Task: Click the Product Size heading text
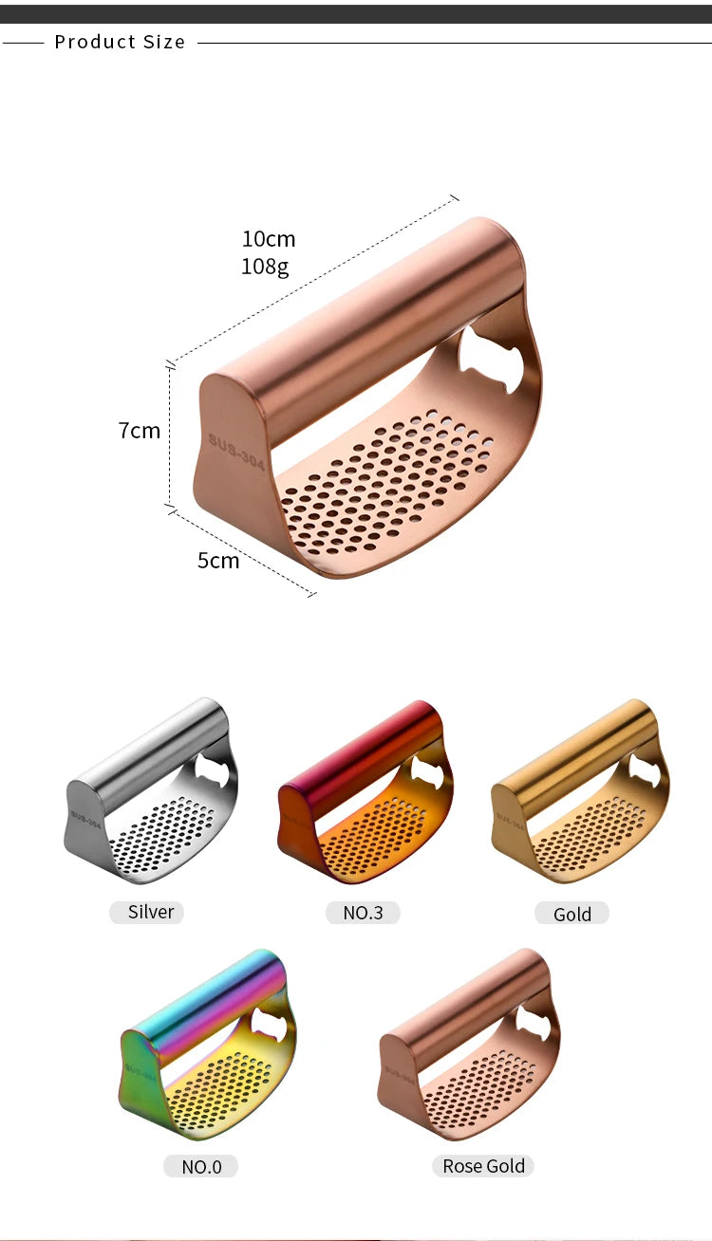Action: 120,42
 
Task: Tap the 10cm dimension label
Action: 269,239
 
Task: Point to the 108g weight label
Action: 265,267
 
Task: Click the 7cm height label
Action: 140,431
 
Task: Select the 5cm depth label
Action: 218,561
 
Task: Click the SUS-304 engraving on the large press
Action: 236,452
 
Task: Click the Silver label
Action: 151,912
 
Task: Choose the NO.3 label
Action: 363,913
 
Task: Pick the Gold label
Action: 572,914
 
